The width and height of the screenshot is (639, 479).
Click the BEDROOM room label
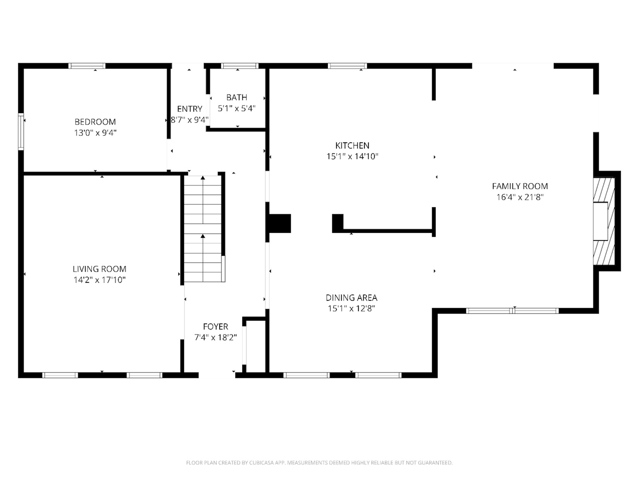tap(95, 122)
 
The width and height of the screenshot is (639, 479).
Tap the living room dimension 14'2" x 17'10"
tap(99, 280)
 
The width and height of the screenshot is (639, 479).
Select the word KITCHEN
tap(352, 145)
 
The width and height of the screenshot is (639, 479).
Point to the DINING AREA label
tap(351, 298)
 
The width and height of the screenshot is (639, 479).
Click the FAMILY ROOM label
tap(520, 186)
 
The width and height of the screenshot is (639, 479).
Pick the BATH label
tap(237, 97)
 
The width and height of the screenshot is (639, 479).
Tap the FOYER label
tap(216, 326)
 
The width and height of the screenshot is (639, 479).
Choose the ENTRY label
tap(189, 109)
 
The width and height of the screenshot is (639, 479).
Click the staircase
tap(203, 228)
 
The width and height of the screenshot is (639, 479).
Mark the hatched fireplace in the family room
tap(604, 222)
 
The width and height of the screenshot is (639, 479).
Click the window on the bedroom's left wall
tap(21, 132)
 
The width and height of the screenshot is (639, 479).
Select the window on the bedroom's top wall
tap(87, 66)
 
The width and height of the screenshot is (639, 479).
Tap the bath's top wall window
tap(240, 66)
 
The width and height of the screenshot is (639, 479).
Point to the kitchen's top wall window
tap(347, 66)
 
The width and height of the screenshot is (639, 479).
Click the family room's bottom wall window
tap(513, 310)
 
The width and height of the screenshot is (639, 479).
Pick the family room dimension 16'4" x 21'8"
tap(520, 197)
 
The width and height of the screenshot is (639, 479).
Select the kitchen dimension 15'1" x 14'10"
tap(352, 157)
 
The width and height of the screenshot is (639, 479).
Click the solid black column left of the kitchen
tap(279, 224)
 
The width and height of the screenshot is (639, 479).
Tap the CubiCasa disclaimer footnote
tap(319, 463)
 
